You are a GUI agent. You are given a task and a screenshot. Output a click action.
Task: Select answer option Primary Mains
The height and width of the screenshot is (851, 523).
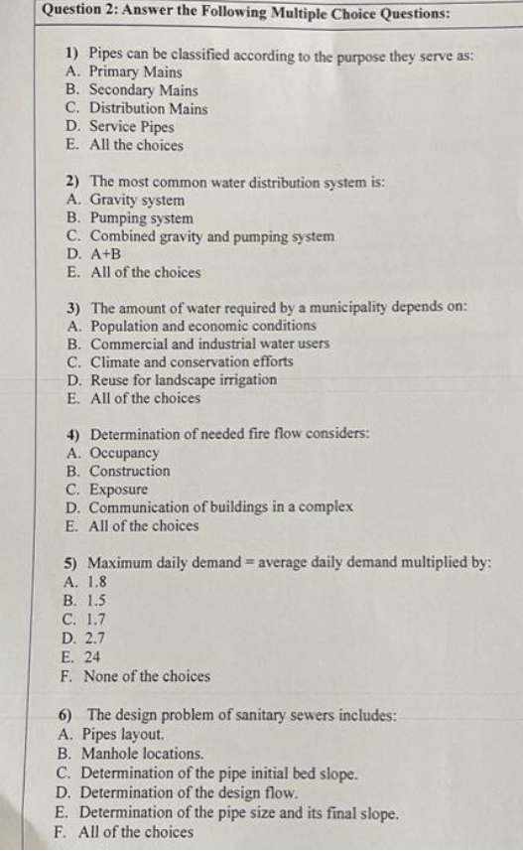[x=135, y=71]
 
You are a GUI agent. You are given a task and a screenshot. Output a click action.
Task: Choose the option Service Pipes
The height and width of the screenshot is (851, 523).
[x=131, y=127]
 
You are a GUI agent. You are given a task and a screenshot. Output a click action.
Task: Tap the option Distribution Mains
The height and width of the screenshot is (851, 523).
[x=148, y=108]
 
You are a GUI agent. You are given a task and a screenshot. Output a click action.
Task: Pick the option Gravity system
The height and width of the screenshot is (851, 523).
[x=137, y=201]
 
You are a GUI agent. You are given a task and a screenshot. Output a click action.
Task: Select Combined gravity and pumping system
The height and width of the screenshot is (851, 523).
[x=211, y=236]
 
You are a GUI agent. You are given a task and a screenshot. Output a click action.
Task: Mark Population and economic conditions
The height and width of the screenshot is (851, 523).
[x=203, y=326]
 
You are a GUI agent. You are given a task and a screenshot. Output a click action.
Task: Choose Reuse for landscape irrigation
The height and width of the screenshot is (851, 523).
[x=184, y=380]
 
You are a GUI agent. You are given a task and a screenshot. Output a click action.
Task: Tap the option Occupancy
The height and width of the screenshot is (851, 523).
[x=124, y=453]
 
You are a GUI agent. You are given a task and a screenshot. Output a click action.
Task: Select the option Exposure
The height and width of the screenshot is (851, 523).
[x=118, y=490]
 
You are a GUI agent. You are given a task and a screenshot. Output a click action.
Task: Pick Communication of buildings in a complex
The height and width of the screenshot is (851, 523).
[x=221, y=507]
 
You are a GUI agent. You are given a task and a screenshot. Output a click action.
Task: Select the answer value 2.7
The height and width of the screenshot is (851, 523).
[x=98, y=639]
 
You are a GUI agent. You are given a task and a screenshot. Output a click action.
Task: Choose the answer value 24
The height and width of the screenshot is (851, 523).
[x=94, y=657]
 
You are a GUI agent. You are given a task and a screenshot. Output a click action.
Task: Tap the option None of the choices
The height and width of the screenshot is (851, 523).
[x=146, y=676]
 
